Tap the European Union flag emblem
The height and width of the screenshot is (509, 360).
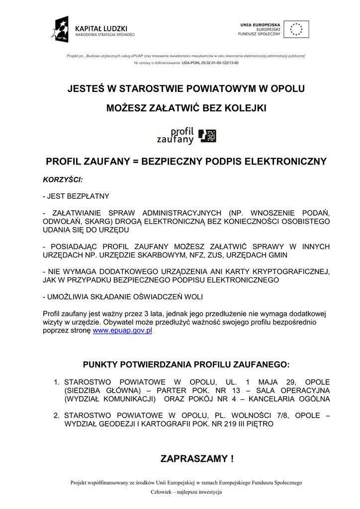(296, 29)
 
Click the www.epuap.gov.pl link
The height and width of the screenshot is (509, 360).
(122, 330)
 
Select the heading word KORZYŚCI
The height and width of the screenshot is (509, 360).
(63, 179)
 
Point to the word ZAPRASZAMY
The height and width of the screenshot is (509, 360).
(194, 458)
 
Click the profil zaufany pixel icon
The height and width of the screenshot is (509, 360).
(207, 136)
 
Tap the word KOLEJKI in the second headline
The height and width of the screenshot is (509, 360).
(246, 108)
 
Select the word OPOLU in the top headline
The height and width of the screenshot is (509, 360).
(287, 89)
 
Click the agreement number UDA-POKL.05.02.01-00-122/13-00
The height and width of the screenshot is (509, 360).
(210, 63)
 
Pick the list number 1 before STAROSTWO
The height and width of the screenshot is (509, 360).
(57, 382)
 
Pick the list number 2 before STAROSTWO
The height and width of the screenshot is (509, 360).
(57, 415)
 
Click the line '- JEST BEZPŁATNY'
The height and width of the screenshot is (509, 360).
(76, 196)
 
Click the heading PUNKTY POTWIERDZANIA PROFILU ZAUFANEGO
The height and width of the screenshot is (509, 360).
(186, 364)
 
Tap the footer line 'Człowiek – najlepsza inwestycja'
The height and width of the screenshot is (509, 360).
(186, 492)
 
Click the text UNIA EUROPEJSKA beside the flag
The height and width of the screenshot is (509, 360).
(260, 24)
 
